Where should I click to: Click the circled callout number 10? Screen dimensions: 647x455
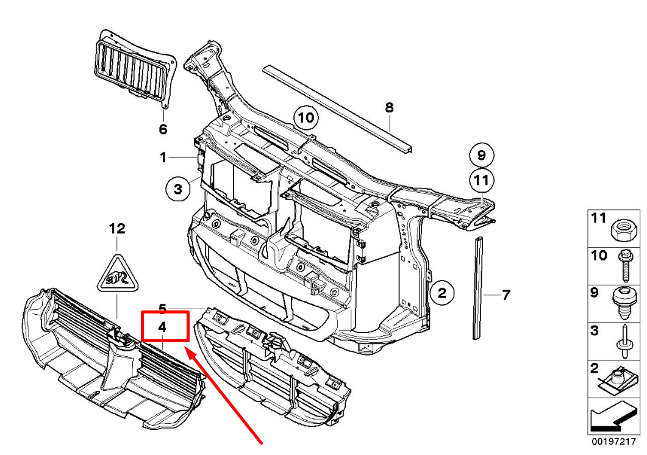point(306,118)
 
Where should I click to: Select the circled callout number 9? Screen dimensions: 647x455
point(482,156)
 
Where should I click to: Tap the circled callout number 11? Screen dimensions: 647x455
point(482,181)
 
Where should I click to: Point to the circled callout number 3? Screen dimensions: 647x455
point(178,189)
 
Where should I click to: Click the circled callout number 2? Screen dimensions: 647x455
point(442,293)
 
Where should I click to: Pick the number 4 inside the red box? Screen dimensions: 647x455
point(162,327)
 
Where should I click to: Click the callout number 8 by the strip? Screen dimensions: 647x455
point(389,108)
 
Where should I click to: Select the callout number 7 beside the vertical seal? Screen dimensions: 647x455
point(506,295)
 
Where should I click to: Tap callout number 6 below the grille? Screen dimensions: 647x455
point(163,129)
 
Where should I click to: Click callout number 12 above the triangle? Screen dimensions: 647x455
point(117,228)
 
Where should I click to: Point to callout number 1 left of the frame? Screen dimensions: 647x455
point(163,157)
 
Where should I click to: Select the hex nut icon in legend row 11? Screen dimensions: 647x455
point(623,230)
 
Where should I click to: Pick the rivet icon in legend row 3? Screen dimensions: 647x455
point(623,342)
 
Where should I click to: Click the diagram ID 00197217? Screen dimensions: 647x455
point(614,442)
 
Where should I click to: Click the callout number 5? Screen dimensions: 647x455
point(162,308)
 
